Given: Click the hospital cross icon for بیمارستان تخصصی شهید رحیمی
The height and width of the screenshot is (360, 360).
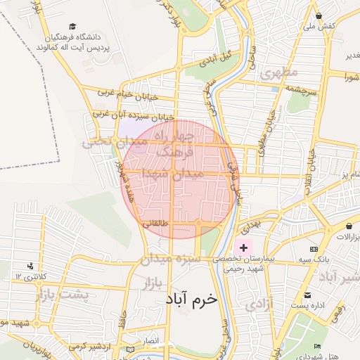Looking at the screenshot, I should click(x=244, y=247).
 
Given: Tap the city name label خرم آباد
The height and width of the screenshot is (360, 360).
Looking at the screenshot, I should click(x=193, y=299).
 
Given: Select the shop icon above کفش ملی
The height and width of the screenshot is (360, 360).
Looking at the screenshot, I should click(x=319, y=15).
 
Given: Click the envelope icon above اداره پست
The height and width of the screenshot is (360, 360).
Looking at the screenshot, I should click(x=307, y=295).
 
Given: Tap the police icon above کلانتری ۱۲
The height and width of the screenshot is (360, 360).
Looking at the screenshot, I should click(x=30, y=266).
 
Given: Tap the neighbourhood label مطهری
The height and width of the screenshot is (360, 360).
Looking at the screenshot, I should click(x=279, y=73).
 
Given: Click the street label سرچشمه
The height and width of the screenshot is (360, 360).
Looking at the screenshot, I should click(x=302, y=92).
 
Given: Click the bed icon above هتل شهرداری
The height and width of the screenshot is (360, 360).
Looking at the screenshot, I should click(x=318, y=347).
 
